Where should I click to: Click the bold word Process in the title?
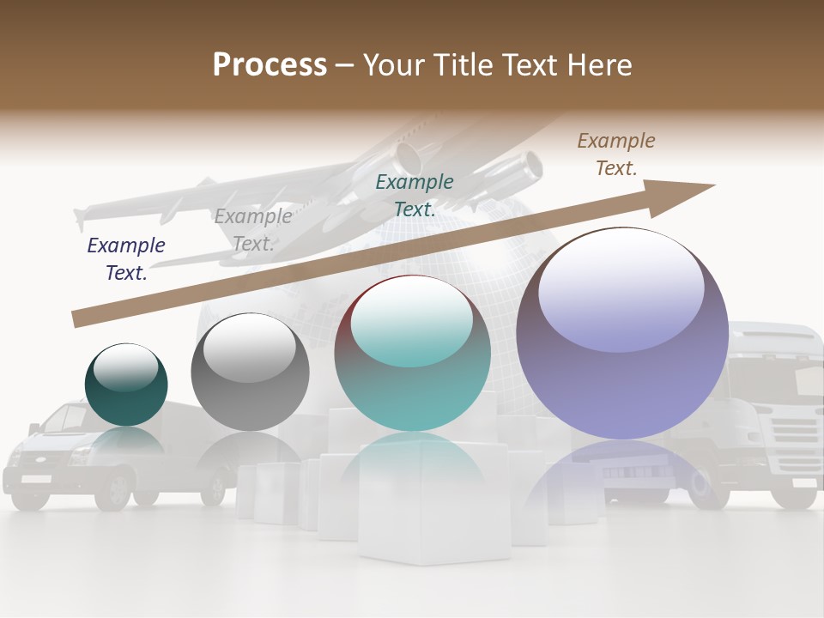point(270,64)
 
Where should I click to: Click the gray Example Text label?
point(253,230)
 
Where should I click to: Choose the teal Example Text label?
point(415,195)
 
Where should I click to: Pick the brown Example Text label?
point(616,154)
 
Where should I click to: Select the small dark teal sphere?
point(126,385)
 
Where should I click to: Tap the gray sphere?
point(250,373)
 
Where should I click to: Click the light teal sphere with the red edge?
point(413,354)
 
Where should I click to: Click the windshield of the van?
point(64,418)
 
